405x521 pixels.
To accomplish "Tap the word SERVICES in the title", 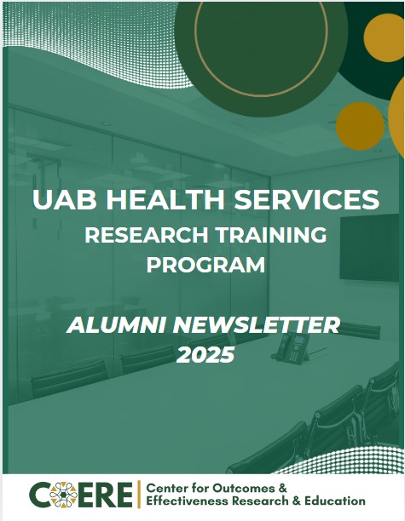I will (x=302, y=201).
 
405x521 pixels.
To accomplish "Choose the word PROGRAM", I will (x=205, y=265).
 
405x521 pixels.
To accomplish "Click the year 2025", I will (x=205, y=355).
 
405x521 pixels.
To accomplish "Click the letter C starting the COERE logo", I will (x=39, y=494).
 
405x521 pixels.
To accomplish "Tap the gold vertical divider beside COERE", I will (x=139, y=494).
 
